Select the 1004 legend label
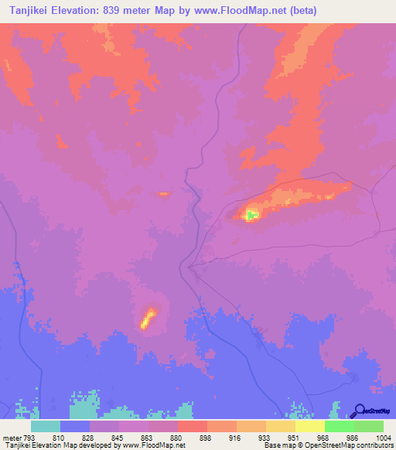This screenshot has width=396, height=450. (384, 438)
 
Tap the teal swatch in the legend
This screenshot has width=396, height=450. (45, 426)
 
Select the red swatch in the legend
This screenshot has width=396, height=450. (192, 426)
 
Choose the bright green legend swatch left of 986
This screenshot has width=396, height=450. (339, 426)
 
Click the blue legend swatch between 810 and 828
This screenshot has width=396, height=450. (74, 426)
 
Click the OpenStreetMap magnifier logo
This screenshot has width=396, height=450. (359, 411)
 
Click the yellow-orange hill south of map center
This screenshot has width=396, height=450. (148, 317)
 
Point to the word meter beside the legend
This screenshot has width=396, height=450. (12, 438)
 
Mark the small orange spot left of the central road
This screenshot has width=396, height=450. (162, 193)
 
